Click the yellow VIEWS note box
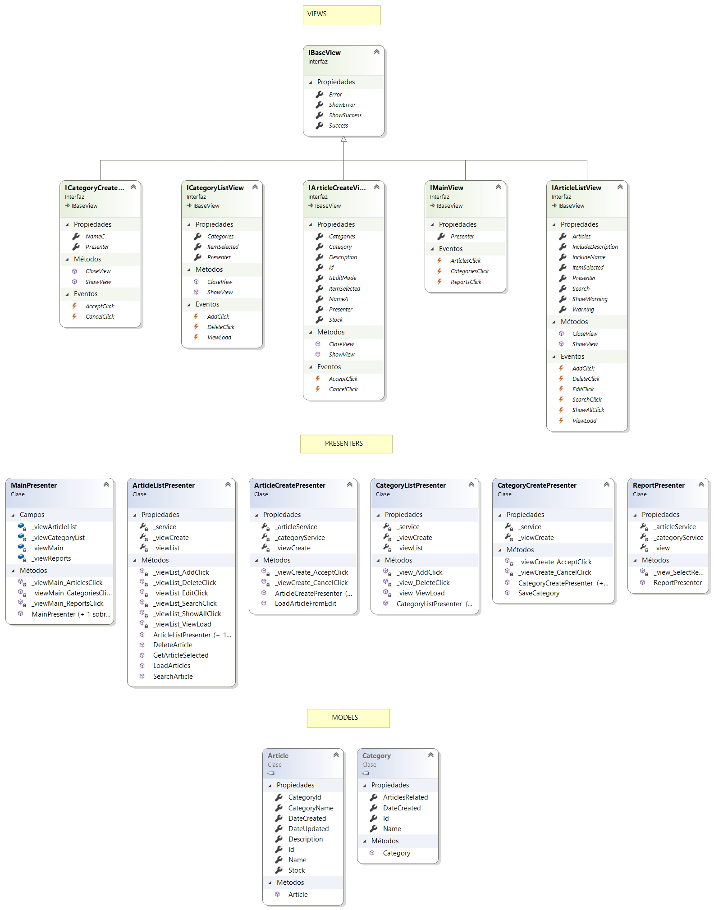pyautogui.click(x=341, y=15)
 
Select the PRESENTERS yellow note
pyautogui.click(x=346, y=444)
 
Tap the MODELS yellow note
pyautogui.click(x=348, y=718)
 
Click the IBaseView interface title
pyautogui.click(x=325, y=53)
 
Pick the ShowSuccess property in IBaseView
pyautogui.click(x=345, y=115)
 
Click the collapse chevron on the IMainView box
pyautogui.click(x=498, y=187)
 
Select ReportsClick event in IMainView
pyautogui.click(x=466, y=282)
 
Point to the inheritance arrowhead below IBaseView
pyautogui.click(x=343, y=139)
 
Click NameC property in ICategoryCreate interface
pyautogui.click(x=95, y=237)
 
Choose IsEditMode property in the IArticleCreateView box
pyautogui.click(x=342, y=278)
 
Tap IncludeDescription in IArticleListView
pyautogui.click(x=595, y=247)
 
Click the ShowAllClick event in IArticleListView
pyautogui.click(x=588, y=410)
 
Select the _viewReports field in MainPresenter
pyautogui.click(x=51, y=558)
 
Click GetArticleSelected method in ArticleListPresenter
pyautogui.click(x=180, y=655)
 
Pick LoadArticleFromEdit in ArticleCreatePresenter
pyautogui.click(x=305, y=604)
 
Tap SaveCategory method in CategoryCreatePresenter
pyautogui.click(x=538, y=593)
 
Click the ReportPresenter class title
pyautogui.click(x=658, y=485)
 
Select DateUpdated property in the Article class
pyautogui.click(x=308, y=829)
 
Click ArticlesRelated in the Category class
pyautogui.click(x=405, y=797)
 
